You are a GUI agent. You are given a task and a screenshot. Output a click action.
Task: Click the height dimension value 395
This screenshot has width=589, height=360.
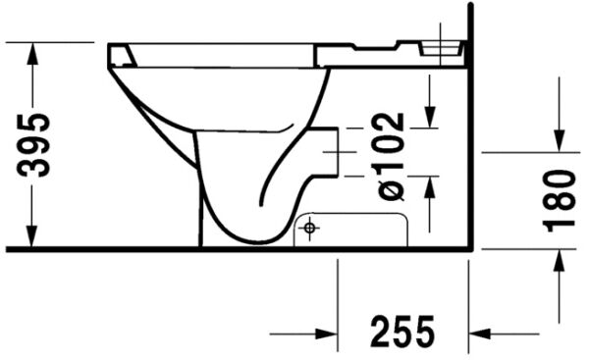coord(37,145)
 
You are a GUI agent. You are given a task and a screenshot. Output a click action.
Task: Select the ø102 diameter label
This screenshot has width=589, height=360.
coord(391,156)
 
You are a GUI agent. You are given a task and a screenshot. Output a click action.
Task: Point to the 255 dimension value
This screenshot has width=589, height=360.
coord(402,334)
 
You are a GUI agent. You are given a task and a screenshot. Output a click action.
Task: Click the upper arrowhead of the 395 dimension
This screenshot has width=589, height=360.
coord(34,53)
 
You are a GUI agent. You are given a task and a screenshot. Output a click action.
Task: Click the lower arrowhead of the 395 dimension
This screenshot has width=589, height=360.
coord(34,237)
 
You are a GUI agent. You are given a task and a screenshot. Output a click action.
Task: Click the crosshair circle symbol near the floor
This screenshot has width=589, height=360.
coord(310,230)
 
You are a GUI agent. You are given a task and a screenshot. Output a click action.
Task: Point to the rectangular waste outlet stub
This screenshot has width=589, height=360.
coord(329,151)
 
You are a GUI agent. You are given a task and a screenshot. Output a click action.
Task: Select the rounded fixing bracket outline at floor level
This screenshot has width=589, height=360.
coord(350,230)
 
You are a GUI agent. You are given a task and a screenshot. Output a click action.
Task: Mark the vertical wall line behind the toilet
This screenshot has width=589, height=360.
coord(471,147)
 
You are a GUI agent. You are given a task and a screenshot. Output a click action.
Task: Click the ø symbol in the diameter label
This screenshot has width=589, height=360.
coord(391,187)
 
